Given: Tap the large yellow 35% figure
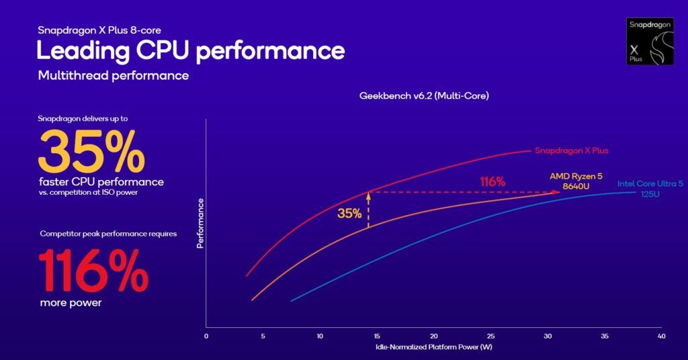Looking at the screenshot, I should pos(91,152).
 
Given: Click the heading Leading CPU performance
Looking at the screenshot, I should pos(190,51).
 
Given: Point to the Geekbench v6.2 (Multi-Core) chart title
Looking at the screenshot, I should pos(424,96).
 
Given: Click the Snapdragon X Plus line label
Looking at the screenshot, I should pos(571,150).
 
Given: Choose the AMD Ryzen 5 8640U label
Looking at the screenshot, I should pos(576,180).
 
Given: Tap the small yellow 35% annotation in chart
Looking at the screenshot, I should pos(349,214).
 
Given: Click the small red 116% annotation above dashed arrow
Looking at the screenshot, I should pos(492,181).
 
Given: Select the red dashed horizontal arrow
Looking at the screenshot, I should pos(464,192).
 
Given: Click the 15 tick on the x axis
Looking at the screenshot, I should pos(377,336).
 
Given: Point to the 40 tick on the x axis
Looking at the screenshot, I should pos(662,336).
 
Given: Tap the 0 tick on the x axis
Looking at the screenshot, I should pos(206,336).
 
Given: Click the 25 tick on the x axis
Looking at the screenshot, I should pos(491,336).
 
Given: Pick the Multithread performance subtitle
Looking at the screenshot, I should pos(114,75).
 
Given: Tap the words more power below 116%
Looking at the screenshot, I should pos(71,302).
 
